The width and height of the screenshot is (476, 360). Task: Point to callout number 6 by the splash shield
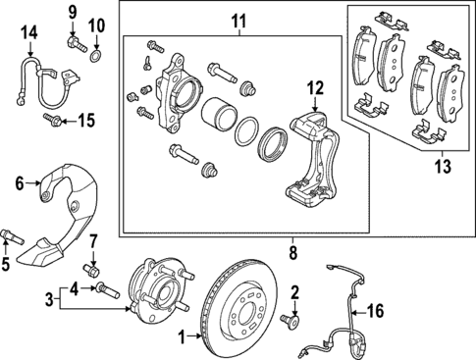pyautogui.click(x=19, y=181)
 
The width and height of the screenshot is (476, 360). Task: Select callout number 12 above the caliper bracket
pyautogui.click(x=313, y=89)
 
